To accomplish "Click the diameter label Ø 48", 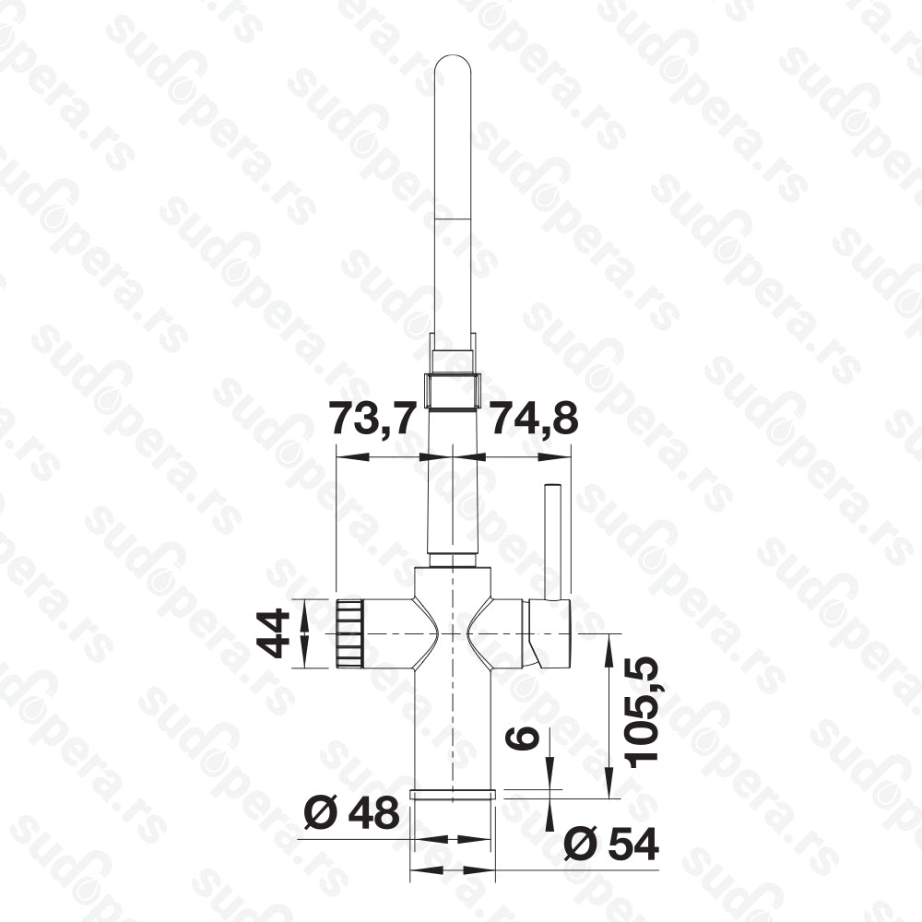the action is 351,813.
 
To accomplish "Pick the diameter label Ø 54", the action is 611,845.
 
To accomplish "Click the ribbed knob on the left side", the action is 349,633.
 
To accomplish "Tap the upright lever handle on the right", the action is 552,541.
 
